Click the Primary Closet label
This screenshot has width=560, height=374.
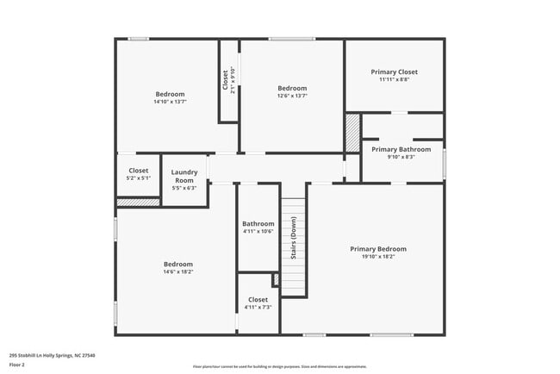pos(395,72)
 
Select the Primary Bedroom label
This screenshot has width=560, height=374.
pos(378,249)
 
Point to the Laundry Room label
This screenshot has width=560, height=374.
pos(184,176)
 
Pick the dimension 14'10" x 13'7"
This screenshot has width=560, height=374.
pos(170,102)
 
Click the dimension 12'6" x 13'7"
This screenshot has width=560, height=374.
pos(292,96)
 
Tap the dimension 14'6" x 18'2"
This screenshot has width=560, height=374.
pos(178,271)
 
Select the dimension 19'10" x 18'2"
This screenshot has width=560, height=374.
pos(378,256)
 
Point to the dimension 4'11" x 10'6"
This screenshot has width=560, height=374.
pos(258,230)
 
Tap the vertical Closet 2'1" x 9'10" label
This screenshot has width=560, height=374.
pos(227,80)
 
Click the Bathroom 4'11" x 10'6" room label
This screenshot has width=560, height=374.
pos(258,223)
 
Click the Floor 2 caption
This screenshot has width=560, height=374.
pos(17,365)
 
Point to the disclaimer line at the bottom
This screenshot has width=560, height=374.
pos(279,366)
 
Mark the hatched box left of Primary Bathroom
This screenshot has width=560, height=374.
pos(352,134)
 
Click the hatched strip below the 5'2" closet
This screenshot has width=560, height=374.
pos(138,203)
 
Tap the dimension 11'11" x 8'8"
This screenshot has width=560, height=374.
pos(395,78)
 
